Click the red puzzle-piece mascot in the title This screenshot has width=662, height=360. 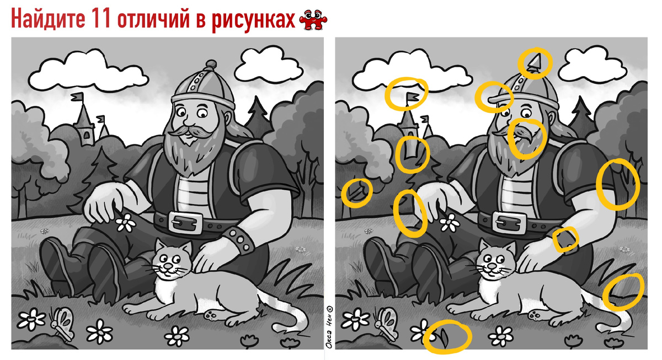pos(313,20)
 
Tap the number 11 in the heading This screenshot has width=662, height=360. pos(101,18)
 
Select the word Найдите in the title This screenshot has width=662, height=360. pos(48,19)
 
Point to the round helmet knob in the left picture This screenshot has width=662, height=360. pos(211,64)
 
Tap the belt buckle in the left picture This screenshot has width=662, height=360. pos(185,222)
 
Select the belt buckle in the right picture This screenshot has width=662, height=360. pos(509,222)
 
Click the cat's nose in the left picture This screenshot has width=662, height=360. pos(168,266)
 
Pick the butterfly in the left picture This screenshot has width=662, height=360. pos(63,324)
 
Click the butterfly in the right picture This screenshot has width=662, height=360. pos(387,324)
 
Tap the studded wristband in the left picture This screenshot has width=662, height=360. pos(238,240)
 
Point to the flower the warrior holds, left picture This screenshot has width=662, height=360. pos(126,222)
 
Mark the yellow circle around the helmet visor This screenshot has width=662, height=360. pos(494,97)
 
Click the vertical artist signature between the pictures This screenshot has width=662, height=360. pos(329,327)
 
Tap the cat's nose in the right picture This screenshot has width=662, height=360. pos(492,266)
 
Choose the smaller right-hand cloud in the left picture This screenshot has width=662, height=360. pos(270,65)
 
